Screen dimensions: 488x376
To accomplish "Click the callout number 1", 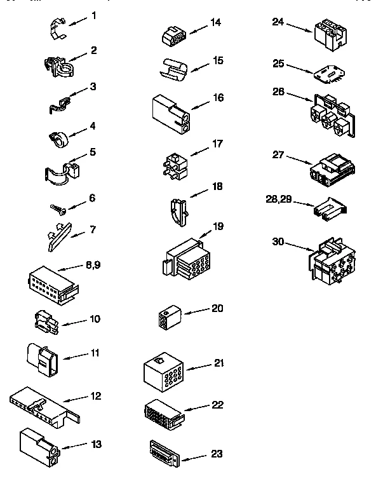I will (93, 15).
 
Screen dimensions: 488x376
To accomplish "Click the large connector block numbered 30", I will (332, 260).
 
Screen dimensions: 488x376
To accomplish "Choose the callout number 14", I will (216, 22).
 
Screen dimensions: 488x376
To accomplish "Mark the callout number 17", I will (218, 143).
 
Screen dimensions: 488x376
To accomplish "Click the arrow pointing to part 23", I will (192, 456).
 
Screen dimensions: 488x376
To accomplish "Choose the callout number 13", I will (96, 445).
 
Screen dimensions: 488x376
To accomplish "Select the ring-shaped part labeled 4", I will (58, 138).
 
